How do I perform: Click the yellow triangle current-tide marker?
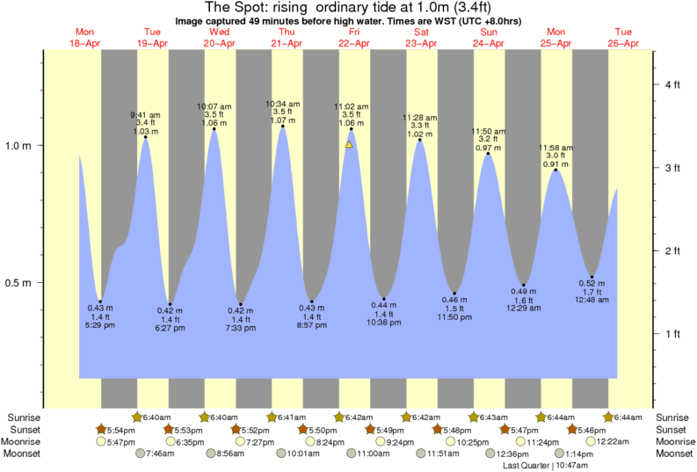[349, 144]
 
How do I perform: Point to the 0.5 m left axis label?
[18, 283]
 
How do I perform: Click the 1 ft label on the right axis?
[672, 333]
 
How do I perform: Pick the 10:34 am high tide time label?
[281, 103]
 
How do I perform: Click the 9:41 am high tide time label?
[145, 115]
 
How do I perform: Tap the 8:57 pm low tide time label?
[312, 327]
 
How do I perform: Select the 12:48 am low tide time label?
[592, 301]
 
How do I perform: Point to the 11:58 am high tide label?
[555, 147]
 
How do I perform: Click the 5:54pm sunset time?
[121, 429]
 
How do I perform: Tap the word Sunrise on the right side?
[673, 417]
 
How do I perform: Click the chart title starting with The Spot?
[348, 8]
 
